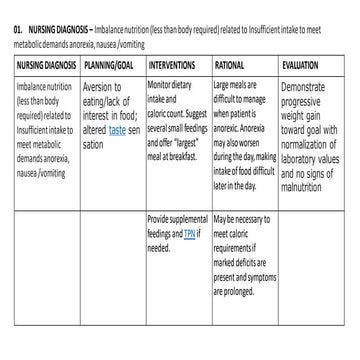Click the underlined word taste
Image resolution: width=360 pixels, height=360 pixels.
tap(118, 130)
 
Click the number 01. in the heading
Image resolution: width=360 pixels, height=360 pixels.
tap(17, 32)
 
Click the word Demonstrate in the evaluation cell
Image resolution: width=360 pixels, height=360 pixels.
tap(304, 88)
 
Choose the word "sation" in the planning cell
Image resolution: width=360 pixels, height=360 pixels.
tap(93, 144)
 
